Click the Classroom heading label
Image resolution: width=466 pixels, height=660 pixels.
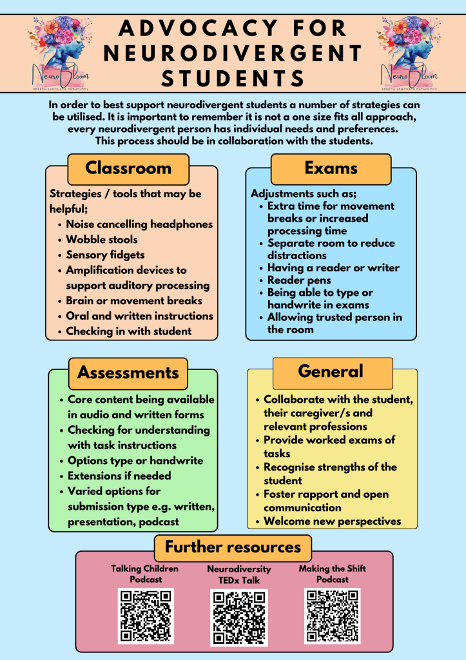click(x=128, y=168)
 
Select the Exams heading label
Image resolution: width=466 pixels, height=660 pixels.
click(x=331, y=168)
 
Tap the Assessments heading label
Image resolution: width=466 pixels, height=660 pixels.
click(x=128, y=373)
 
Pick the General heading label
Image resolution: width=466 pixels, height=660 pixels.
click(x=331, y=371)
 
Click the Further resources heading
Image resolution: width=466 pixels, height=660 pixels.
click(x=233, y=547)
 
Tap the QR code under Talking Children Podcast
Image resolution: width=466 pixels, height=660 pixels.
click(x=145, y=616)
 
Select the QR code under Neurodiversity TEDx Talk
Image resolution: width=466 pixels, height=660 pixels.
click(x=238, y=617)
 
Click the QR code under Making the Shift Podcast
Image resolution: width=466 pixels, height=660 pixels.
click(x=332, y=616)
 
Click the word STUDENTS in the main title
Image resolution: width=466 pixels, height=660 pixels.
click(x=233, y=79)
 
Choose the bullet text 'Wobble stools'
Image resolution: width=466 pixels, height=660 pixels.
click(x=102, y=240)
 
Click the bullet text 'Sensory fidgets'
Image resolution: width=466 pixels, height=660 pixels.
click(x=105, y=255)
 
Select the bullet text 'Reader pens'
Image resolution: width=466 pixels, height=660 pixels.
click(x=299, y=280)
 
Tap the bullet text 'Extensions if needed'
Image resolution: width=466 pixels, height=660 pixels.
click(x=119, y=476)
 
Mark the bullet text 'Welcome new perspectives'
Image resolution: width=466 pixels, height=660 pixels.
click(x=332, y=521)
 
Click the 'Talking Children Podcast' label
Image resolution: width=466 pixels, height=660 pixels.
click(x=144, y=574)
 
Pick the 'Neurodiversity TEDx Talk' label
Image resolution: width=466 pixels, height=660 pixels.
click(x=239, y=575)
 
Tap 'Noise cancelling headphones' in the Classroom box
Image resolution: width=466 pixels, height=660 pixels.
click(x=139, y=224)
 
